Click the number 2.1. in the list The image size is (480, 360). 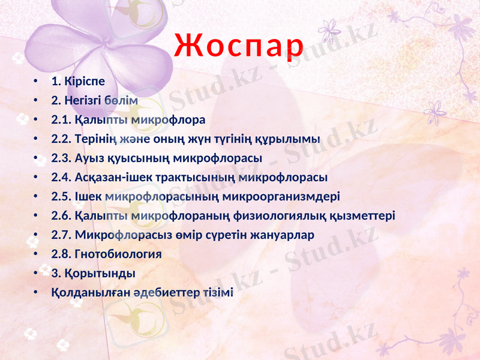click(62, 119)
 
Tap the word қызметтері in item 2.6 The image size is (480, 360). click(367, 216)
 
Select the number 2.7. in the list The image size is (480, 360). click(62, 235)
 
